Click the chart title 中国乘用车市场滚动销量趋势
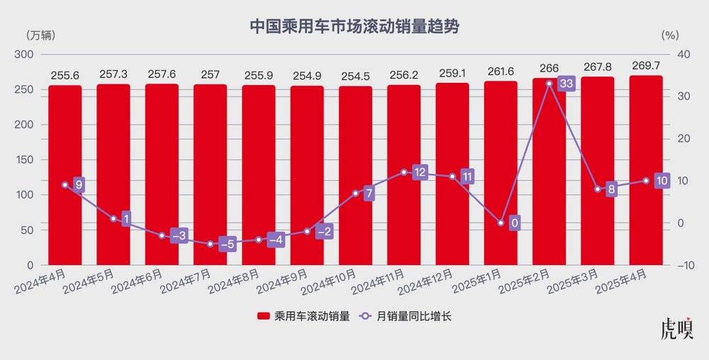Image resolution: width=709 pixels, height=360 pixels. coord(354,27)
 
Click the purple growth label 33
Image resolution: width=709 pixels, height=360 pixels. coord(566,84)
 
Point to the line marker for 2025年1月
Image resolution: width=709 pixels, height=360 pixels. coord(501,223)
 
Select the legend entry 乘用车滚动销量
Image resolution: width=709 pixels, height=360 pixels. coord(302,316)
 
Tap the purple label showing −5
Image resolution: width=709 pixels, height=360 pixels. coord(227,244)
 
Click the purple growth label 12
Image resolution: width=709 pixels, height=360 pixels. coord(420,172)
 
